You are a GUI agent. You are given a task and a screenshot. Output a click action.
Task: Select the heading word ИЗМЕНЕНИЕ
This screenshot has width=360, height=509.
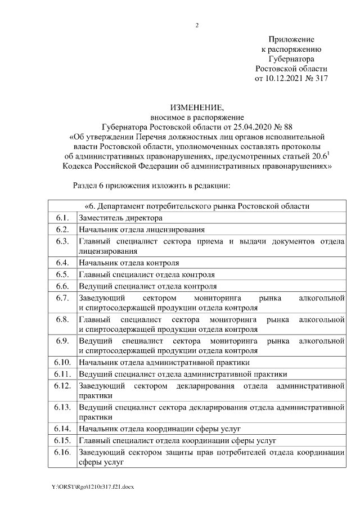pyautogui.click(x=197, y=107)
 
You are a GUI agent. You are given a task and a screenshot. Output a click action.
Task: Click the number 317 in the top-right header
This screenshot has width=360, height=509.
pyautogui.click(x=318, y=79)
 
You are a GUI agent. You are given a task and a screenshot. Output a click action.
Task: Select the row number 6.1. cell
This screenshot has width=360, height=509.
pyautogui.click(x=62, y=218)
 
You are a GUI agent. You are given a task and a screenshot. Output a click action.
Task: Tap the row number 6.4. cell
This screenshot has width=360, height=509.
pyautogui.click(x=62, y=262)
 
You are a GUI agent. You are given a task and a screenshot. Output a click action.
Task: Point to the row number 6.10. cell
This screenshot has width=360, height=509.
pyautogui.click(x=62, y=362)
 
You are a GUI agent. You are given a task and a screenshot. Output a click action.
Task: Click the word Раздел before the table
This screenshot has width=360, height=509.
pyautogui.click(x=87, y=185)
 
